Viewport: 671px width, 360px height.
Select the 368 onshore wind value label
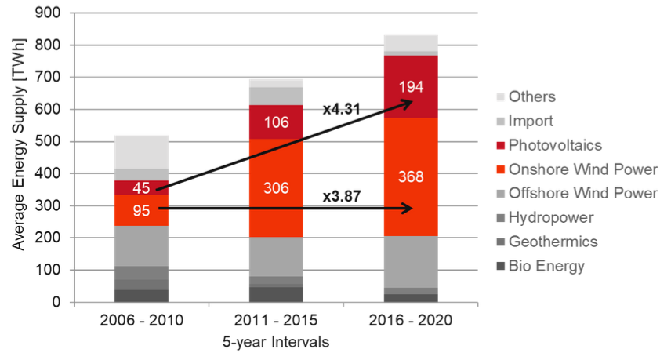(x=411, y=176)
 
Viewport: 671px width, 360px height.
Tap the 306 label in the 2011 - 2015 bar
(x=276, y=187)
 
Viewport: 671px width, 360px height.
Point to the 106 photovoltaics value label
(x=276, y=122)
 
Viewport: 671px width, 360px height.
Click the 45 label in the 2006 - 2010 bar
(x=142, y=187)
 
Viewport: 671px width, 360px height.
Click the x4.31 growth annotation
(x=342, y=109)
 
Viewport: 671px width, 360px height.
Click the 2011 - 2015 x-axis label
(x=276, y=322)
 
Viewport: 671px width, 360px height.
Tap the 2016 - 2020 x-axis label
(x=410, y=322)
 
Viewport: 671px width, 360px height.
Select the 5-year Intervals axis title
(x=275, y=342)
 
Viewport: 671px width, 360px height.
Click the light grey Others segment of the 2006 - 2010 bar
(x=142, y=152)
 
